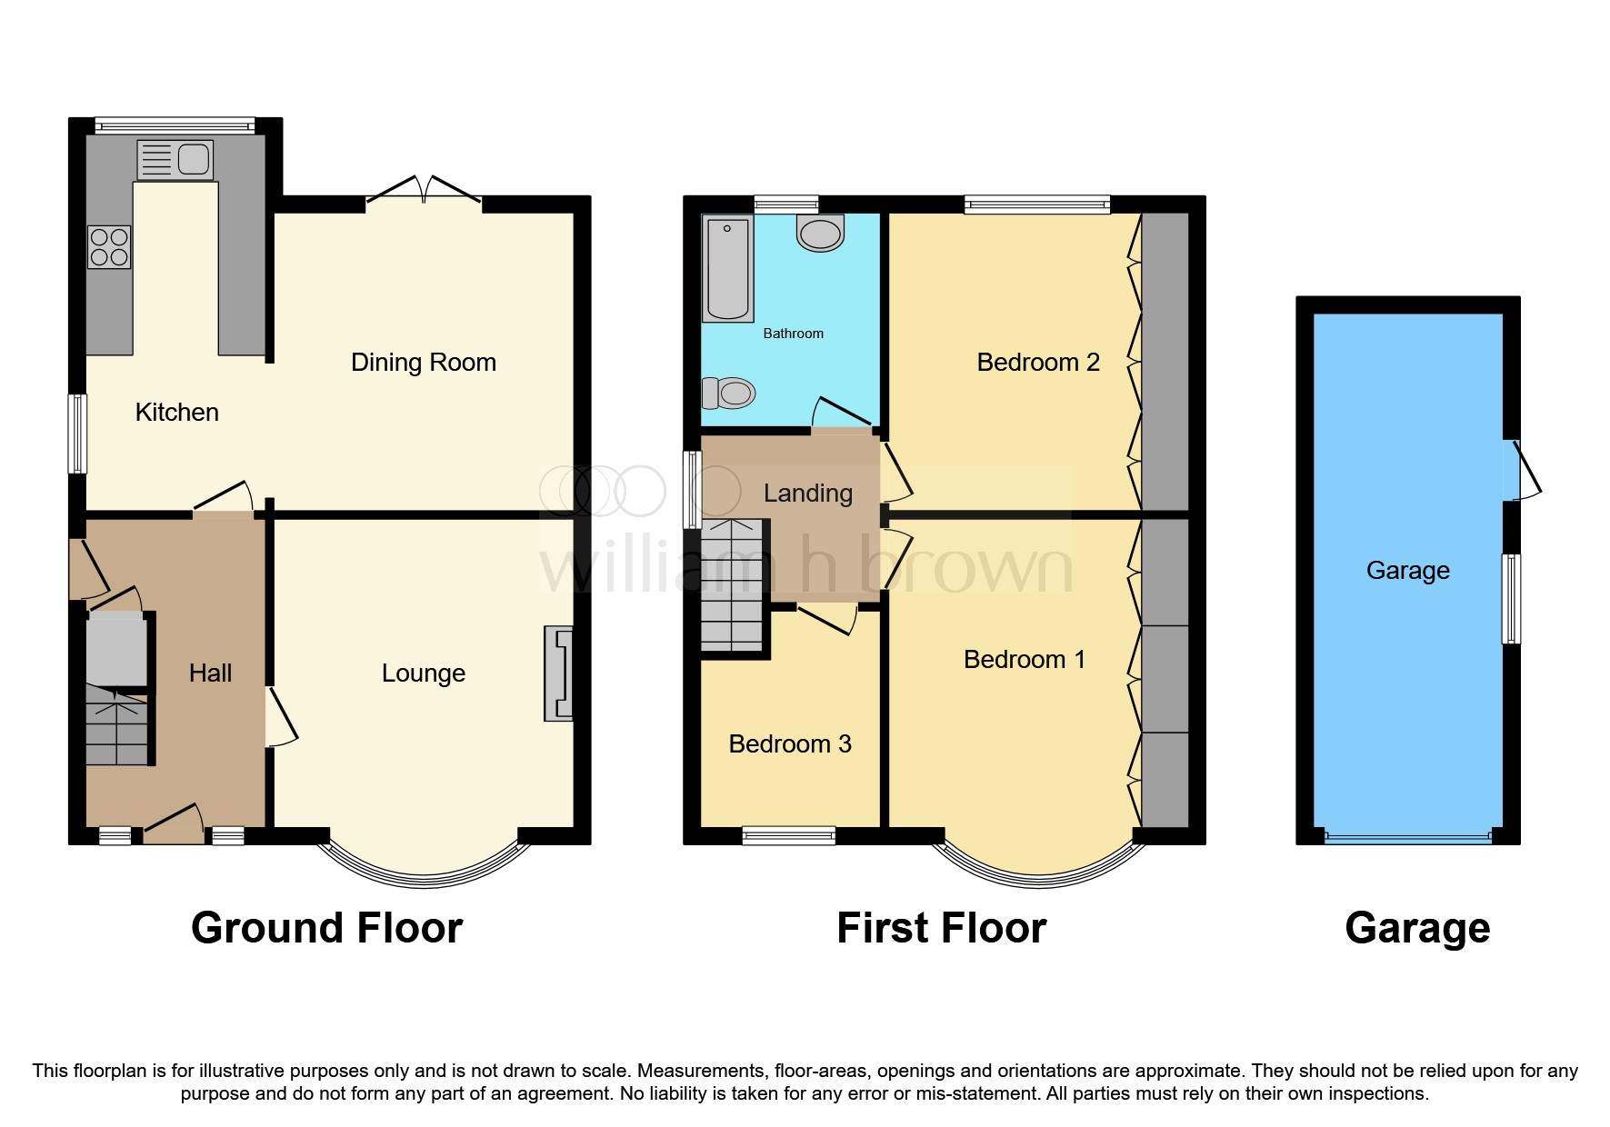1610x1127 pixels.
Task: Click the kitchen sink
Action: pos(175,159)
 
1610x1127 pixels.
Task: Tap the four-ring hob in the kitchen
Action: pos(109,247)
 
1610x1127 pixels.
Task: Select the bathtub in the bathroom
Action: pos(728,269)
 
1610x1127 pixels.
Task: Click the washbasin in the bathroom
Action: pos(820,233)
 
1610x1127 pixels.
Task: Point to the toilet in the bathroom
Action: pos(729,394)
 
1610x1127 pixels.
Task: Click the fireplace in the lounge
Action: pos(559,673)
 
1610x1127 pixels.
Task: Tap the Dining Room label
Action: pos(424,363)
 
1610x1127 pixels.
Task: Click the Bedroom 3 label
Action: pos(790,744)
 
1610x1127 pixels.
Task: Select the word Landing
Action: pos(807,494)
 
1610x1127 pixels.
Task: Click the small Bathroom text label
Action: pos(793,334)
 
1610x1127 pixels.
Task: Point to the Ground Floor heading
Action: pos(327,929)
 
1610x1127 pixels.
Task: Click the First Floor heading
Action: pos(941,929)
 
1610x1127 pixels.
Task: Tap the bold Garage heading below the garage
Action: pos(1416,929)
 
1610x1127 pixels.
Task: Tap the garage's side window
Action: pos(1510,599)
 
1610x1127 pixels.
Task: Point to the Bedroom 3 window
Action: pos(788,835)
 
